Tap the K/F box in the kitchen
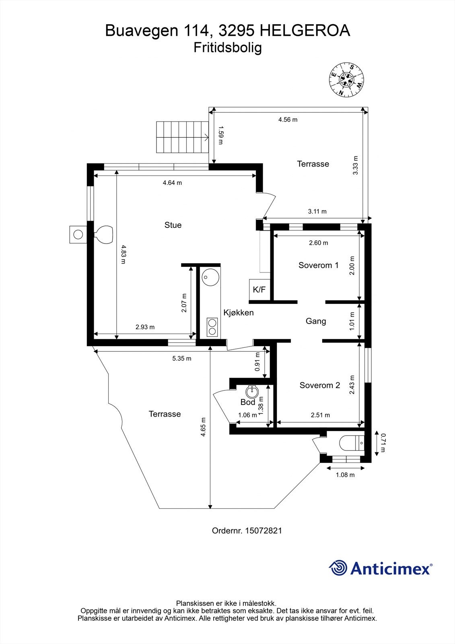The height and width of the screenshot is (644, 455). pyautogui.click(x=259, y=289)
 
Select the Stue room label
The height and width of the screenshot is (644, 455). pyautogui.click(x=173, y=225)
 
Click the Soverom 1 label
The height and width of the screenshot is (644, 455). pyautogui.click(x=318, y=265)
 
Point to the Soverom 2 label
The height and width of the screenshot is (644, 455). pyautogui.click(x=320, y=385)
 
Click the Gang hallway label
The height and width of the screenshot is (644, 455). pyautogui.click(x=316, y=321)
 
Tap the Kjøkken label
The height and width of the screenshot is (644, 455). pyautogui.click(x=239, y=313)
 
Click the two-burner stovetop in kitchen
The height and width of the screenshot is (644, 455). pyautogui.click(x=212, y=327)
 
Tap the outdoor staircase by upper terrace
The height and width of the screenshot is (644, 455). pyautogui.click(x=181, y=137)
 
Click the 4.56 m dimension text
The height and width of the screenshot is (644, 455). pyautogui.click(x=288, y=120)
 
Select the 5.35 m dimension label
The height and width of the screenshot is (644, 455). pyautogui.click(x=182, y=358)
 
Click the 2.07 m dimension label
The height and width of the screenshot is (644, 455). pyautogui.click(x=184, y=302)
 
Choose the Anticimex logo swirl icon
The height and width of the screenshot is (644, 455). pyautogui.click(x=338, y=568)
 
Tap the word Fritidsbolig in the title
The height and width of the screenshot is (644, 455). pyautogui.click(x=228, y=47)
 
